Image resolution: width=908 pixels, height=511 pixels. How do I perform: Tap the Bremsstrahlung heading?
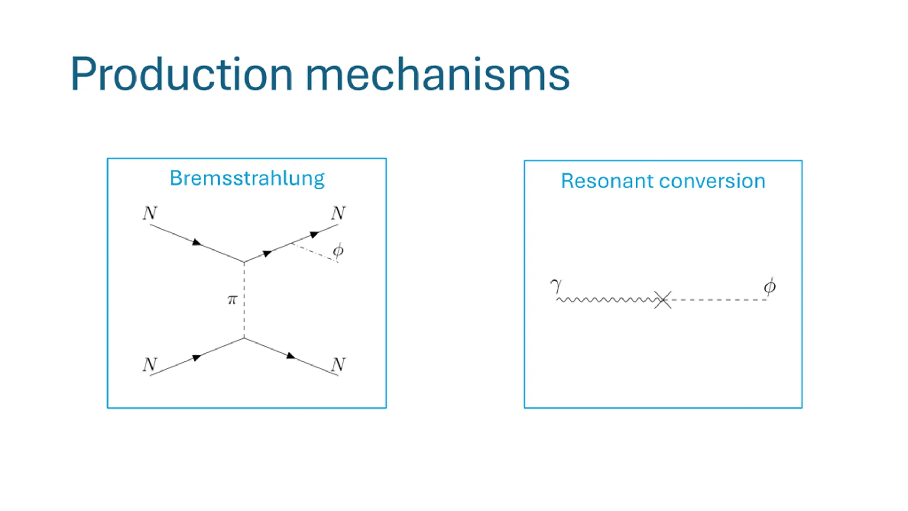(x=247, y=178)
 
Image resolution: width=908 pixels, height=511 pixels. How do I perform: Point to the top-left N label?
(x=150, y=213)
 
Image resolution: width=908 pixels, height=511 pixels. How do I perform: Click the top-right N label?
(x=338, y=213)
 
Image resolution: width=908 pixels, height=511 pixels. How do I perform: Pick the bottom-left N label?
(x=150, y=364)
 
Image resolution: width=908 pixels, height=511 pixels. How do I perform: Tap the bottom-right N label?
(x=338, y=364)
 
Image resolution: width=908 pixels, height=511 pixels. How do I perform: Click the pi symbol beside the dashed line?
(x=232, y=300)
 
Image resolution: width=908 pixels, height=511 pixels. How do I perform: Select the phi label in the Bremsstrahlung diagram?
(x=338, y=251)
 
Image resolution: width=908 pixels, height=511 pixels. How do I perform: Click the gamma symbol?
(x=556, y=285)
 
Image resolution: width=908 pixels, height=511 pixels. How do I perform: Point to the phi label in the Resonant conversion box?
(x=770, y=287)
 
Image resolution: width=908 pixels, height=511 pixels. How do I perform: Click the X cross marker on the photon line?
(x=663, y=300)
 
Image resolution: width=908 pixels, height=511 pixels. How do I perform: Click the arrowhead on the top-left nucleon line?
(x=196, y=242)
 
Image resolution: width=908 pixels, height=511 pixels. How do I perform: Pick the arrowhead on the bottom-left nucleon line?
(x=196, y=358)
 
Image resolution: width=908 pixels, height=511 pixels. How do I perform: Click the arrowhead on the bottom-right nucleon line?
(x=291, y=356)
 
